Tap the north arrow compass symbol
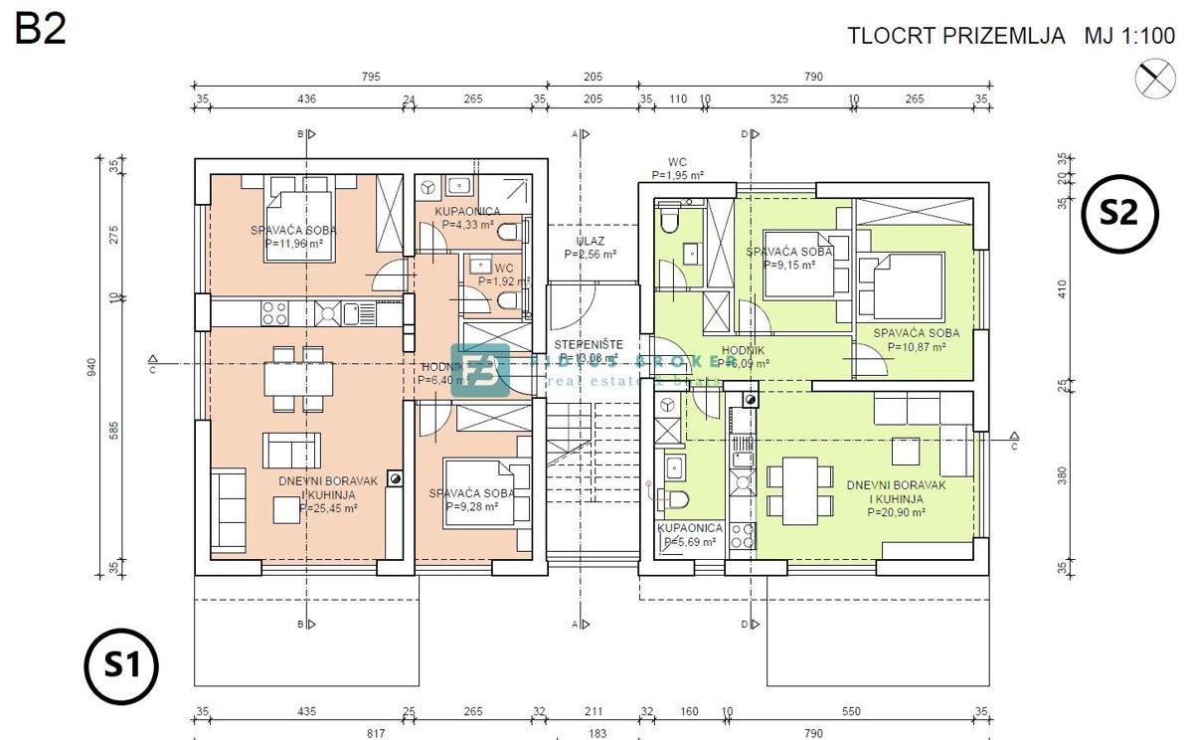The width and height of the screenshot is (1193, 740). [x=1154, y=79]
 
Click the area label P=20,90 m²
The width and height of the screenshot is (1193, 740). [x=896, y=513]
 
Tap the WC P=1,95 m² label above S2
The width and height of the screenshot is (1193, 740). [x=677, y=168]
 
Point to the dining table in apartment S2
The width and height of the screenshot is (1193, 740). [x=799, y=489]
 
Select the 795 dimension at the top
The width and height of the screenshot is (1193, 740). [x=370, y=77]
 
